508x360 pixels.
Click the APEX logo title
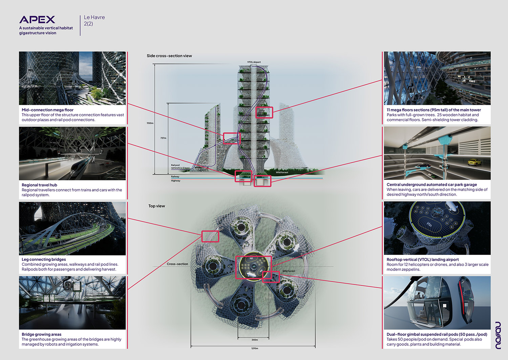click(37, 20)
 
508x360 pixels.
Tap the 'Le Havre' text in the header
click(94, 17)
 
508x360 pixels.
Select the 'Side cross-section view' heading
click(169, 56)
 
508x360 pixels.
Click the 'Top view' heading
click(156, 206)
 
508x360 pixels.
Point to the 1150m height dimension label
click(150, 123)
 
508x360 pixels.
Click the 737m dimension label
click(163, 138)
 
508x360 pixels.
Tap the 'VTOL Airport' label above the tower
click(254, 62)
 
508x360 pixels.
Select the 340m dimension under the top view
click(254, 340)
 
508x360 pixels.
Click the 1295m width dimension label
click(254, 348)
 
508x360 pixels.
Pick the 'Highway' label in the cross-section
click(175, 181)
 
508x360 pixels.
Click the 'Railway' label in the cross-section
click(175, 177)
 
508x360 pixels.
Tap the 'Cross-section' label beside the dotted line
click(177, 264)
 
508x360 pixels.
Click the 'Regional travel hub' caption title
click(39, 185)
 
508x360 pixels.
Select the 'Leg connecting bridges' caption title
click(44, 259)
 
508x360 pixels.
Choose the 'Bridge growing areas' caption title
click(41, 334)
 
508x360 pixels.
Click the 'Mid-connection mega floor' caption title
click(47, 110)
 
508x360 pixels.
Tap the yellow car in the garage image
click(474, 162)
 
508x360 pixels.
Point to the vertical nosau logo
click(498, 336)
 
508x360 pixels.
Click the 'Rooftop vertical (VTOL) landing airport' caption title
click(423, 260)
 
